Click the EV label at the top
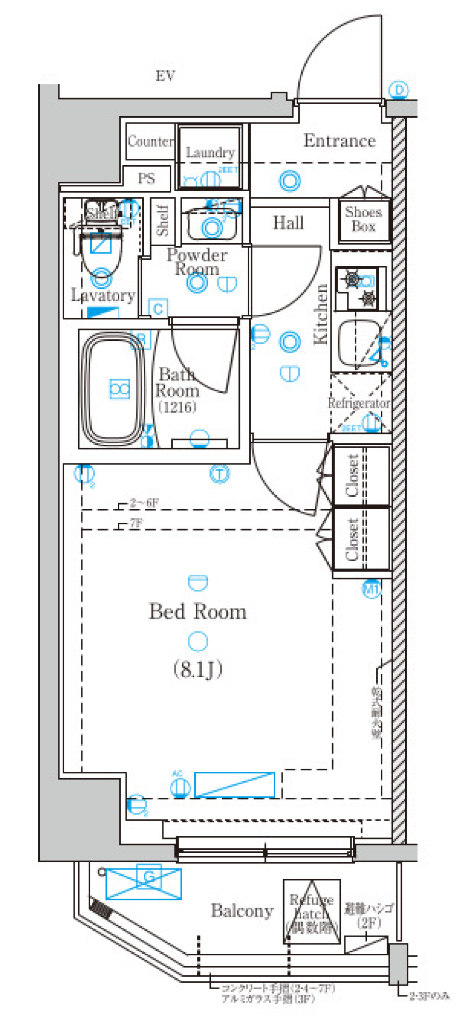click(x=165, y=76)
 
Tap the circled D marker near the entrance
click(x=398, y=90)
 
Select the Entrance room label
click(x=340, y=141)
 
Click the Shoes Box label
click(x=363, y=219)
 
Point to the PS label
click(x=146, y=178)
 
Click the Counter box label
click(x=150, y=141)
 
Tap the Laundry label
click(x=210, y=153)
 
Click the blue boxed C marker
click(x=158, y=309)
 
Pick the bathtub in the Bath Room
click(x=114, y=389)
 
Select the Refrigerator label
click(x=359, y=403)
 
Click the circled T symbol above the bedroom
click(x=219, y=474)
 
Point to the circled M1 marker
click(x=371, y=589)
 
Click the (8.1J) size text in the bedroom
click(x=198, y=669)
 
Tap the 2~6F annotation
click(x=144, y=503)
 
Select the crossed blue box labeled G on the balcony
click(x=144, y=884)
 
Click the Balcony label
click(x=242, y=911)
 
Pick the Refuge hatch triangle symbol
click(x=312, y=912)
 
